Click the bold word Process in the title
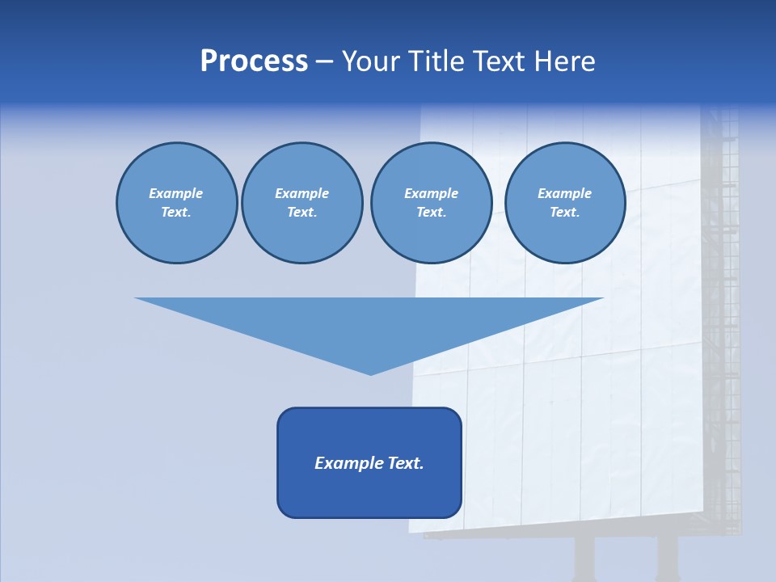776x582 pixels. [254, 61]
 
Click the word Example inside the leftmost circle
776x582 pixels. [176, 193]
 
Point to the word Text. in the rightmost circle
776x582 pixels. [565, 213]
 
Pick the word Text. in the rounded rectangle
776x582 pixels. [406, 463]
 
